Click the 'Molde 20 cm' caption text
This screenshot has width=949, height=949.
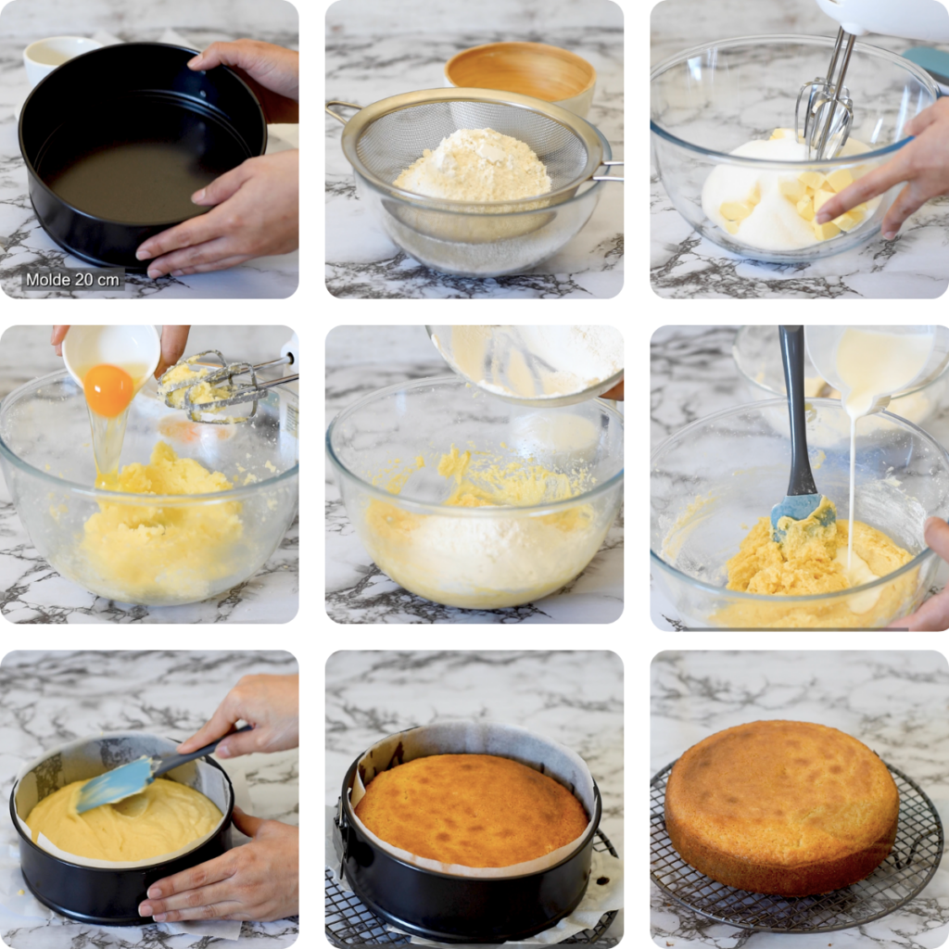pos(72,279)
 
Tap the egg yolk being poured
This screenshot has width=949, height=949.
pos(108,390)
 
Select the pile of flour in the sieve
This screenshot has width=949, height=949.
pos(474,167)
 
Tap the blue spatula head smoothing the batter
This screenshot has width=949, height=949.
pos(115,784)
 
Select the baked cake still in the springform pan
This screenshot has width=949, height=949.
pos(472,808)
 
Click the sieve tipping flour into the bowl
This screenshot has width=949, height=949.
pos(528,361)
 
